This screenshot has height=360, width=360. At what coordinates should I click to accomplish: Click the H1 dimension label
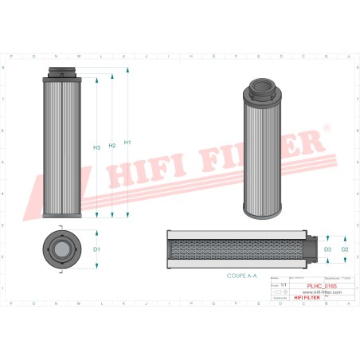pos(127,143)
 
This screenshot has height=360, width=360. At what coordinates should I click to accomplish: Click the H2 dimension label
pos(112,145)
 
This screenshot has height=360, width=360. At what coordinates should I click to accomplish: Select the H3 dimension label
pos(96,147)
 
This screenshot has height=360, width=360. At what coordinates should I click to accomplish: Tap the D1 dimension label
pos(96,249)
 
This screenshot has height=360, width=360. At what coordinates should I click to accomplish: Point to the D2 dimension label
pos(344,249)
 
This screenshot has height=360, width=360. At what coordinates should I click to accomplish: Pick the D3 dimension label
pos(327,249)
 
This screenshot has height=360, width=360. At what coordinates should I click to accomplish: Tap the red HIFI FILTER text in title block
pos(309,298)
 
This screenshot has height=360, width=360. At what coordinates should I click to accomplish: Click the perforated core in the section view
pos(239,249)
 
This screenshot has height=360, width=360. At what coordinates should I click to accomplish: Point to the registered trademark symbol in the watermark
pos(325,127)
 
